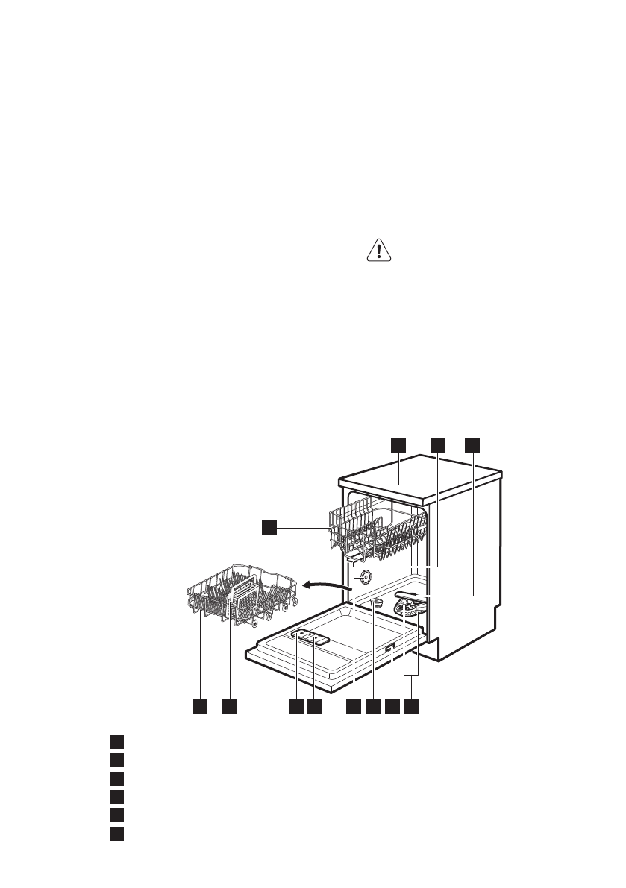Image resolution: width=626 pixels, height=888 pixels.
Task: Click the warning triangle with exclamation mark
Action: (379, 250)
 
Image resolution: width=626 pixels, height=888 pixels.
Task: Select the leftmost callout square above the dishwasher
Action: (398, 444)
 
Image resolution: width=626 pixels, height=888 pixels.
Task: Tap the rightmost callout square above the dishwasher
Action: (473, 444)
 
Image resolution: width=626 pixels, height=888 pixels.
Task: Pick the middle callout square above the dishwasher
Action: (437, 444)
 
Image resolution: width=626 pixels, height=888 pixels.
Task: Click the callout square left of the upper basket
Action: (269, 528)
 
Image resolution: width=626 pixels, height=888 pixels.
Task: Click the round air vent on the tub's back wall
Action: (365, 577)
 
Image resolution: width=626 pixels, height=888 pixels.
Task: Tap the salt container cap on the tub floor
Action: (378, 601)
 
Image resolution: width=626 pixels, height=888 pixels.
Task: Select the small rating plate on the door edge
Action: (390, 651)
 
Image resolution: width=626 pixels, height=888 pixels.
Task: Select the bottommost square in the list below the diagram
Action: (116, 833)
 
